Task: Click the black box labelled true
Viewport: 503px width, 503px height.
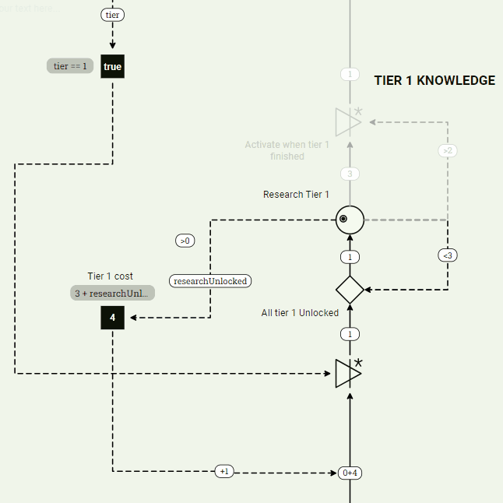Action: pyautogui.click(x=112, y=66)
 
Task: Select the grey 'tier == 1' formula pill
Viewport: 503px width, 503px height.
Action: pyautogui.click(x=70, y=66)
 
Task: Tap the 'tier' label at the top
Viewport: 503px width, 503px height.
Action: pyautogui.click(x=112, y=15)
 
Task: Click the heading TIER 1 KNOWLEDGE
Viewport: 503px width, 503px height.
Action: pyautogui.click(x=434, y=80)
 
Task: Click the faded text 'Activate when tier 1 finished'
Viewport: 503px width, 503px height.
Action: pyautogui.click(x=287, y=150)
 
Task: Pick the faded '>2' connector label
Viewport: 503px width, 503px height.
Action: pyautogui.click(x=447, y=150)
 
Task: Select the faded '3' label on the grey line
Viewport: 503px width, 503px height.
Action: pyautogui.click(x=350, y=174)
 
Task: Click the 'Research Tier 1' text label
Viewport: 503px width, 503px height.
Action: pyautogui.click(x=296, y=195)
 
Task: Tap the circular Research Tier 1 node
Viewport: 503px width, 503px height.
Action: pyautogui.click(x=350, y=220)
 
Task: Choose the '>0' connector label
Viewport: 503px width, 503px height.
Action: pyautogui.click(x=185, y=241)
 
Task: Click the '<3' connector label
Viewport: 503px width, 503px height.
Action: pyautogui.click(x=447, y=255)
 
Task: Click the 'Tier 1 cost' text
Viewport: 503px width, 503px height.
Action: pyautogui.click(x=110, y=276)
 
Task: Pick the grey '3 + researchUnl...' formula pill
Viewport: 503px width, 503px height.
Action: pyautogui.click(x=112, y=293)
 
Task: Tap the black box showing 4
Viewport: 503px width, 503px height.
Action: pyautogui.click(x=112, y=318)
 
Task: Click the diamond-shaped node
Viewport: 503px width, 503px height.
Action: pyautogui.click(x=350, y=290)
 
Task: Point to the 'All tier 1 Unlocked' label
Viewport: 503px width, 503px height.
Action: pyautogui.click(x=300, y=313)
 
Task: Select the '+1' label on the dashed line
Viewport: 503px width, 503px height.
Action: pyautogui.click(x=224, y=471)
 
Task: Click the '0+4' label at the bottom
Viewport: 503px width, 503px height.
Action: pyautogui.click(x=350, y=473)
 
